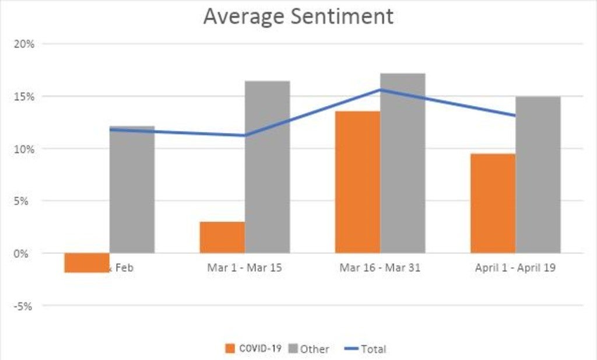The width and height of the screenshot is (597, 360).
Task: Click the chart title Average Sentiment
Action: pos(298,16)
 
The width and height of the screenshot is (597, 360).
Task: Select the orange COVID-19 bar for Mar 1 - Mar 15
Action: pos(222,237)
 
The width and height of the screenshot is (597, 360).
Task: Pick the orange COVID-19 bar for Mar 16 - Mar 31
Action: pos(357,182)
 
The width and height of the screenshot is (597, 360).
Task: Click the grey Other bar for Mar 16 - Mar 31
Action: pos(403,163)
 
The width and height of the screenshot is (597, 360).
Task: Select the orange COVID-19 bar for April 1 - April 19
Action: pos(493,203)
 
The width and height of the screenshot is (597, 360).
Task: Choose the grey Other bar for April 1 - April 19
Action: pos(538,175)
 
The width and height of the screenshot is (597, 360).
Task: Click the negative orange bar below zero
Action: pos(87,263)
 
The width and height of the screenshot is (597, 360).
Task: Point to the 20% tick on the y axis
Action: pos(24,44)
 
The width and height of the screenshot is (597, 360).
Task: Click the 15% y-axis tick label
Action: pos(24,96)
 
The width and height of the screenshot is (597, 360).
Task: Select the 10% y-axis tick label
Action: pos(24,149)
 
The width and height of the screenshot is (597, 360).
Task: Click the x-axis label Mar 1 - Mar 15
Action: pos(244,269)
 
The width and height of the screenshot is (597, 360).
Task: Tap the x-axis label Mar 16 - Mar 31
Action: pos(380,269)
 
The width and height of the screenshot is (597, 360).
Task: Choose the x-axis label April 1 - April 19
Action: pos(515,269)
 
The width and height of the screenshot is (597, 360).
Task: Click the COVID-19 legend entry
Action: pos(254,349)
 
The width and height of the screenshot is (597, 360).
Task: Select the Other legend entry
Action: pos(308,349)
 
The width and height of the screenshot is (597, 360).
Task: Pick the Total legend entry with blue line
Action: pos(364,349)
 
